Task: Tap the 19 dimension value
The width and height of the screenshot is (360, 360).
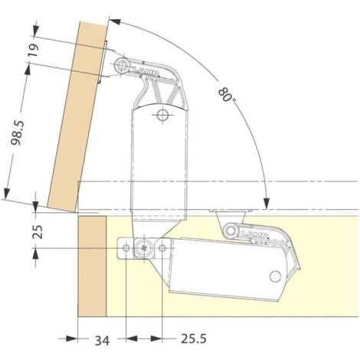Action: click(x=33, y=51)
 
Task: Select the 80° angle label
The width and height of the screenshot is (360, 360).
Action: click(x=227, y=95)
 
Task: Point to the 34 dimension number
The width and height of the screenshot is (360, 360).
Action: click(x=102, y=340)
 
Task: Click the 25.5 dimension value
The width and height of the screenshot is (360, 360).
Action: click(x=194, y=339)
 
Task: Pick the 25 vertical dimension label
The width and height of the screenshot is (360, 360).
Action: click(x=38, y=231)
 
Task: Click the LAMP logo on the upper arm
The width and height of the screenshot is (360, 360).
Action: click(x=145, y=71)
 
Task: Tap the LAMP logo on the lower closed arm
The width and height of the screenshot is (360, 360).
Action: click(x=254, y=234)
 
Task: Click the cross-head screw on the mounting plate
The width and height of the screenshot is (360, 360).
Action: click(x=144, y=248)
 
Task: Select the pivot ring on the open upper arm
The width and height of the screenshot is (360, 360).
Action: click(x=122, y=65)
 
